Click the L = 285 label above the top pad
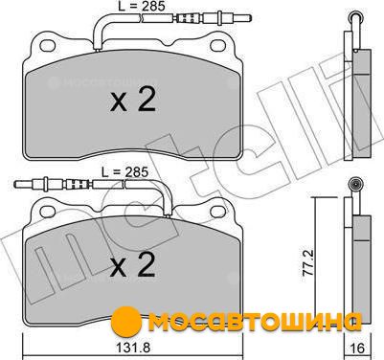pos(142,6)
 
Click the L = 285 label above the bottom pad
pos(125,172)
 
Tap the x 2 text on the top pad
pos(133,100)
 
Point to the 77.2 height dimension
pos(308,262)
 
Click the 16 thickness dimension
pos(357,348)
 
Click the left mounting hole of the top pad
pos(48,45)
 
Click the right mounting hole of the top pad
pos(218,45)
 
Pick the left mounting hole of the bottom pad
pos(48,211)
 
